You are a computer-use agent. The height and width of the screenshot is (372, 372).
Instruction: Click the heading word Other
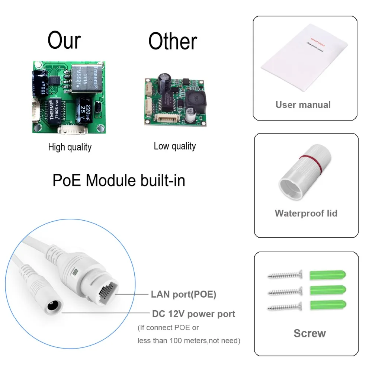pos(173,41)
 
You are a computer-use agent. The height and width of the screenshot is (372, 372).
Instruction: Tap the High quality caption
pos(70,147)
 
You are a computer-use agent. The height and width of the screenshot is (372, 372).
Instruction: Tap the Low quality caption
pos(174,146)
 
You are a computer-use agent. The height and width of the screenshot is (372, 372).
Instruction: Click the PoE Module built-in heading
pos(119,180)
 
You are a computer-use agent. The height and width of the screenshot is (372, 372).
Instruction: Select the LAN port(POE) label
pos(183,295)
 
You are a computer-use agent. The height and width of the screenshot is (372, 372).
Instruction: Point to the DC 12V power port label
pos(193,314)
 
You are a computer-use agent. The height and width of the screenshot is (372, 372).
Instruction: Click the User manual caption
pos(303,105)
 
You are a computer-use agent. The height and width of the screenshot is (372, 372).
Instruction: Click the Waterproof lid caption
pos(306,213)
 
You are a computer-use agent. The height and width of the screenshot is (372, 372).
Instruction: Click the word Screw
pos(310,333)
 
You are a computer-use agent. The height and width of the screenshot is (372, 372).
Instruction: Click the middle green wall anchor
pos(327,291)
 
